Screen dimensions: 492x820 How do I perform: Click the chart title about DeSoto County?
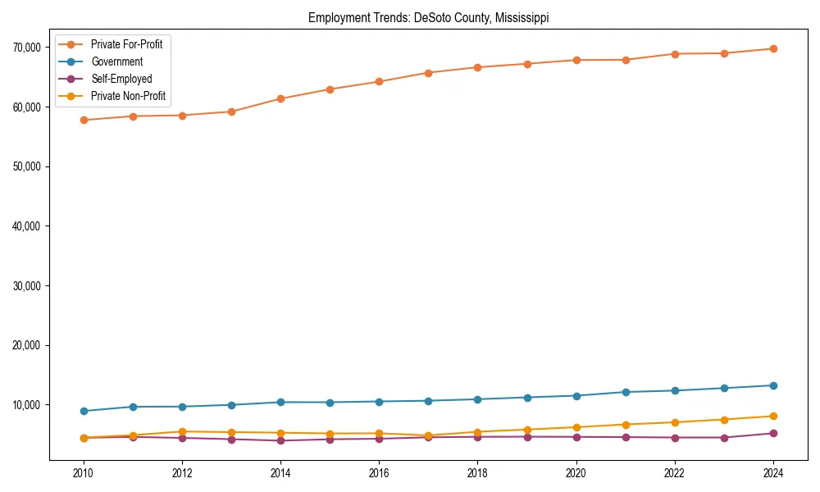pos(428,17)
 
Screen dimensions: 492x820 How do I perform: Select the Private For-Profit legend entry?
pos(126,44)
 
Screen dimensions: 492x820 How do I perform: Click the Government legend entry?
pos(116,61)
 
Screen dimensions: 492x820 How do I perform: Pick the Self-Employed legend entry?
pos(121,79)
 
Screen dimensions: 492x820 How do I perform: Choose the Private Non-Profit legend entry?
pos(128,96)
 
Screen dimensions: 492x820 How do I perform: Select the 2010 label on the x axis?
pos(83,473)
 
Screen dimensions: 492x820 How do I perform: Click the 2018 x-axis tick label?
pos(477,473)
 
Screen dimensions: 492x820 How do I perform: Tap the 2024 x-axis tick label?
pos(773,473)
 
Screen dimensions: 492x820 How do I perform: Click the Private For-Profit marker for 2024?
pos(773,49)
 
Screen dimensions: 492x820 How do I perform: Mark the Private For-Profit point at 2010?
pos(83,120)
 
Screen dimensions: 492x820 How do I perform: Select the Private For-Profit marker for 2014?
pos(280,98)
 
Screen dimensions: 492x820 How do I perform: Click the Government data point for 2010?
pos(83,411)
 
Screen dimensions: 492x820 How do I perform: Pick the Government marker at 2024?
pos(773,385)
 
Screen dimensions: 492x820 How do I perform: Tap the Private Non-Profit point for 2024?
pos(773,417)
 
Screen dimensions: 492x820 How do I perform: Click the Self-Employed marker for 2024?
pos(773,433)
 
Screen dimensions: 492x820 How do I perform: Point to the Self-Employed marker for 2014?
pos(280,440)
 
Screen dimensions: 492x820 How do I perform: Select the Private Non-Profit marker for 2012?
pos(182,431)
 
